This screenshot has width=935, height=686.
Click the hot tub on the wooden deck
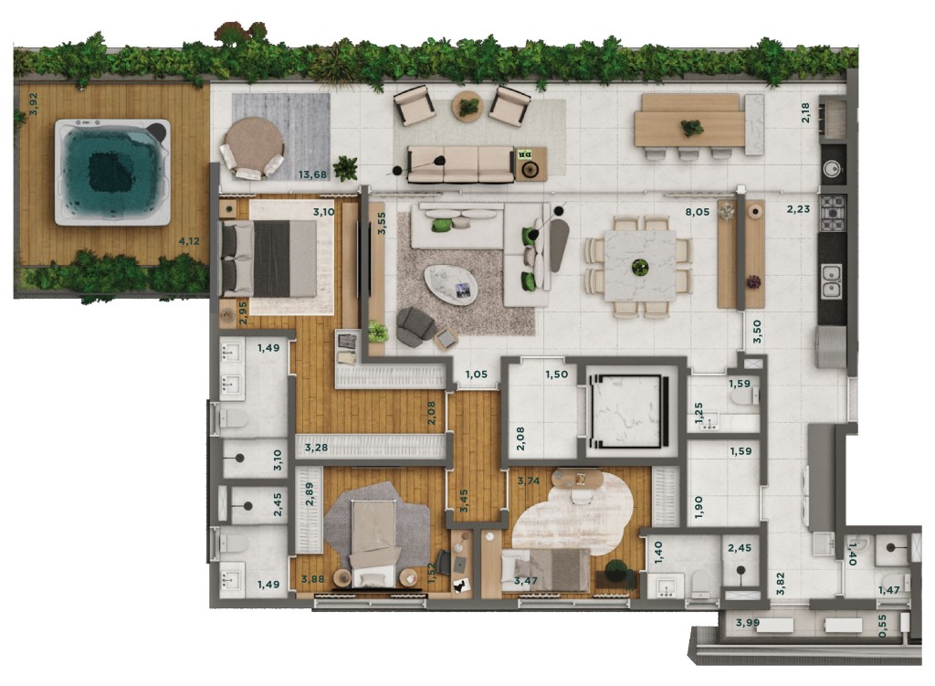coord(112,172)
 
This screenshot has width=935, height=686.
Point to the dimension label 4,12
coord(189,241)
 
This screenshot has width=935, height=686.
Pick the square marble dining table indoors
coord(640,266)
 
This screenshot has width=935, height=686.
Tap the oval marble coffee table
coord(451,285)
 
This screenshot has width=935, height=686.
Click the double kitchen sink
coord(831,281)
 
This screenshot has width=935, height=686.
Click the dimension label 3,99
coord(748,623)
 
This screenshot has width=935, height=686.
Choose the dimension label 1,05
coord(477,375)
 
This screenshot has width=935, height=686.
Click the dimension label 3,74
coord(529,480)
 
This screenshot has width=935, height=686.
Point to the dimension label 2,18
coord(806,113)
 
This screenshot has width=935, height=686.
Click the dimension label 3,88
coord(313,578)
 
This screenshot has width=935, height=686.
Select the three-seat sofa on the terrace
coord(460,164)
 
